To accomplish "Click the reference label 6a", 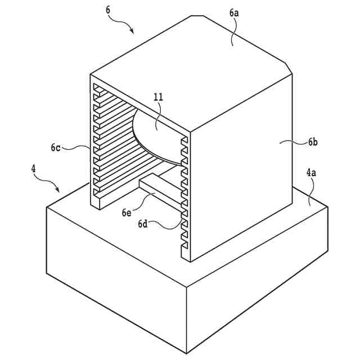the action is coord(233,27).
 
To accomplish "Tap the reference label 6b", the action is coord(313,142).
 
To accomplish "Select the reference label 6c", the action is coord(55,148).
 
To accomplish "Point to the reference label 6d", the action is coord(143,224).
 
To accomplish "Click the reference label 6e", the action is coord(127,212).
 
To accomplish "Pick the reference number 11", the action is coord(158,97).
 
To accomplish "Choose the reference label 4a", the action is coord(311,173).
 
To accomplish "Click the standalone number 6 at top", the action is coord(108,10).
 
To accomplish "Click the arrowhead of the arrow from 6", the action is coord(133,31).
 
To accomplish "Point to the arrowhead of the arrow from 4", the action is coord(60,192).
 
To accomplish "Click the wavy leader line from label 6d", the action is coord(166,225).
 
